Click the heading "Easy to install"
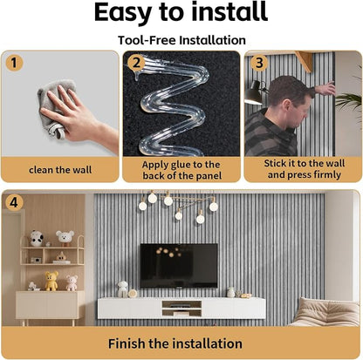click(x=181, y=12)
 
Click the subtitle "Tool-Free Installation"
click(x=181, y=40)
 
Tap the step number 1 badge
click(x=14, y=63)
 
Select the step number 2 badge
click(x=136, y=63)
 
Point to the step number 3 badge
click(x=259, y=63)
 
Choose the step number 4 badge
click(x=14, y=202)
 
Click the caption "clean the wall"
click(x=60, y=170)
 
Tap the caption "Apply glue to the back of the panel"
click(x=181, y=170)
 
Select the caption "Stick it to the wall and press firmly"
click(x=305, y=169)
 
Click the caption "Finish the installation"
click(x=175, y=343)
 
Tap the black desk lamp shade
click(x=254, y=93)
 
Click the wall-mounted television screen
click(x=179, y=266)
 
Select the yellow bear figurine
click(x=51, y=281)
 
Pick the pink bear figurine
click(x=72, y=282)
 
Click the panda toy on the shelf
click(x=37, y=238)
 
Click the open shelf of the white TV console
click(x=181, y=309)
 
